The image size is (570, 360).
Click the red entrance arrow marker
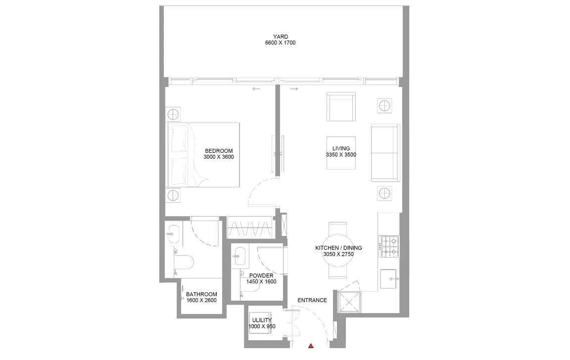(x=311, y=346)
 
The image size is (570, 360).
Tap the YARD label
(x=281, y=37)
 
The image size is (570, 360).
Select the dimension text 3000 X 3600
(x=219, y=157)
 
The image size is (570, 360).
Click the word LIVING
(x=341, y=148)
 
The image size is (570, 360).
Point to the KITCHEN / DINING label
(x=338, y=248)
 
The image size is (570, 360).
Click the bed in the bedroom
(x=203, y=155)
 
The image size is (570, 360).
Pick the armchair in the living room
(x=341, y=106)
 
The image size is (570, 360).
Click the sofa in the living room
(x=385, y=153)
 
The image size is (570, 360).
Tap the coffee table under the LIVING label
(x=341, y=153)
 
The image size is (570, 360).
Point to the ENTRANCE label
(x=312, y=300)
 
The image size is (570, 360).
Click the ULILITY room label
(x=262, y=320)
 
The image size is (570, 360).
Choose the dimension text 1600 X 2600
(x=201, y=300)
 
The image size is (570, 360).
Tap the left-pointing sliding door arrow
(x=256, y=89)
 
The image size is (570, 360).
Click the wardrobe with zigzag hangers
(x=250, y=227)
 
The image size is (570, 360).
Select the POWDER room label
(x=261, y=276)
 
